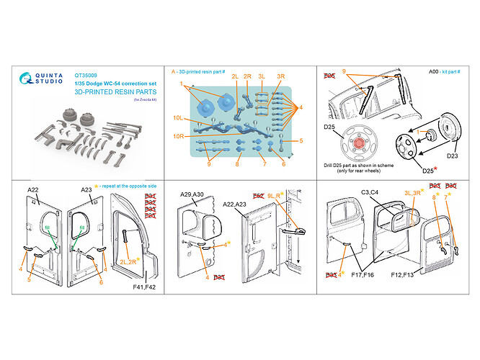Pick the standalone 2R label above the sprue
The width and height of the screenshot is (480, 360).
(247, 76)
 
